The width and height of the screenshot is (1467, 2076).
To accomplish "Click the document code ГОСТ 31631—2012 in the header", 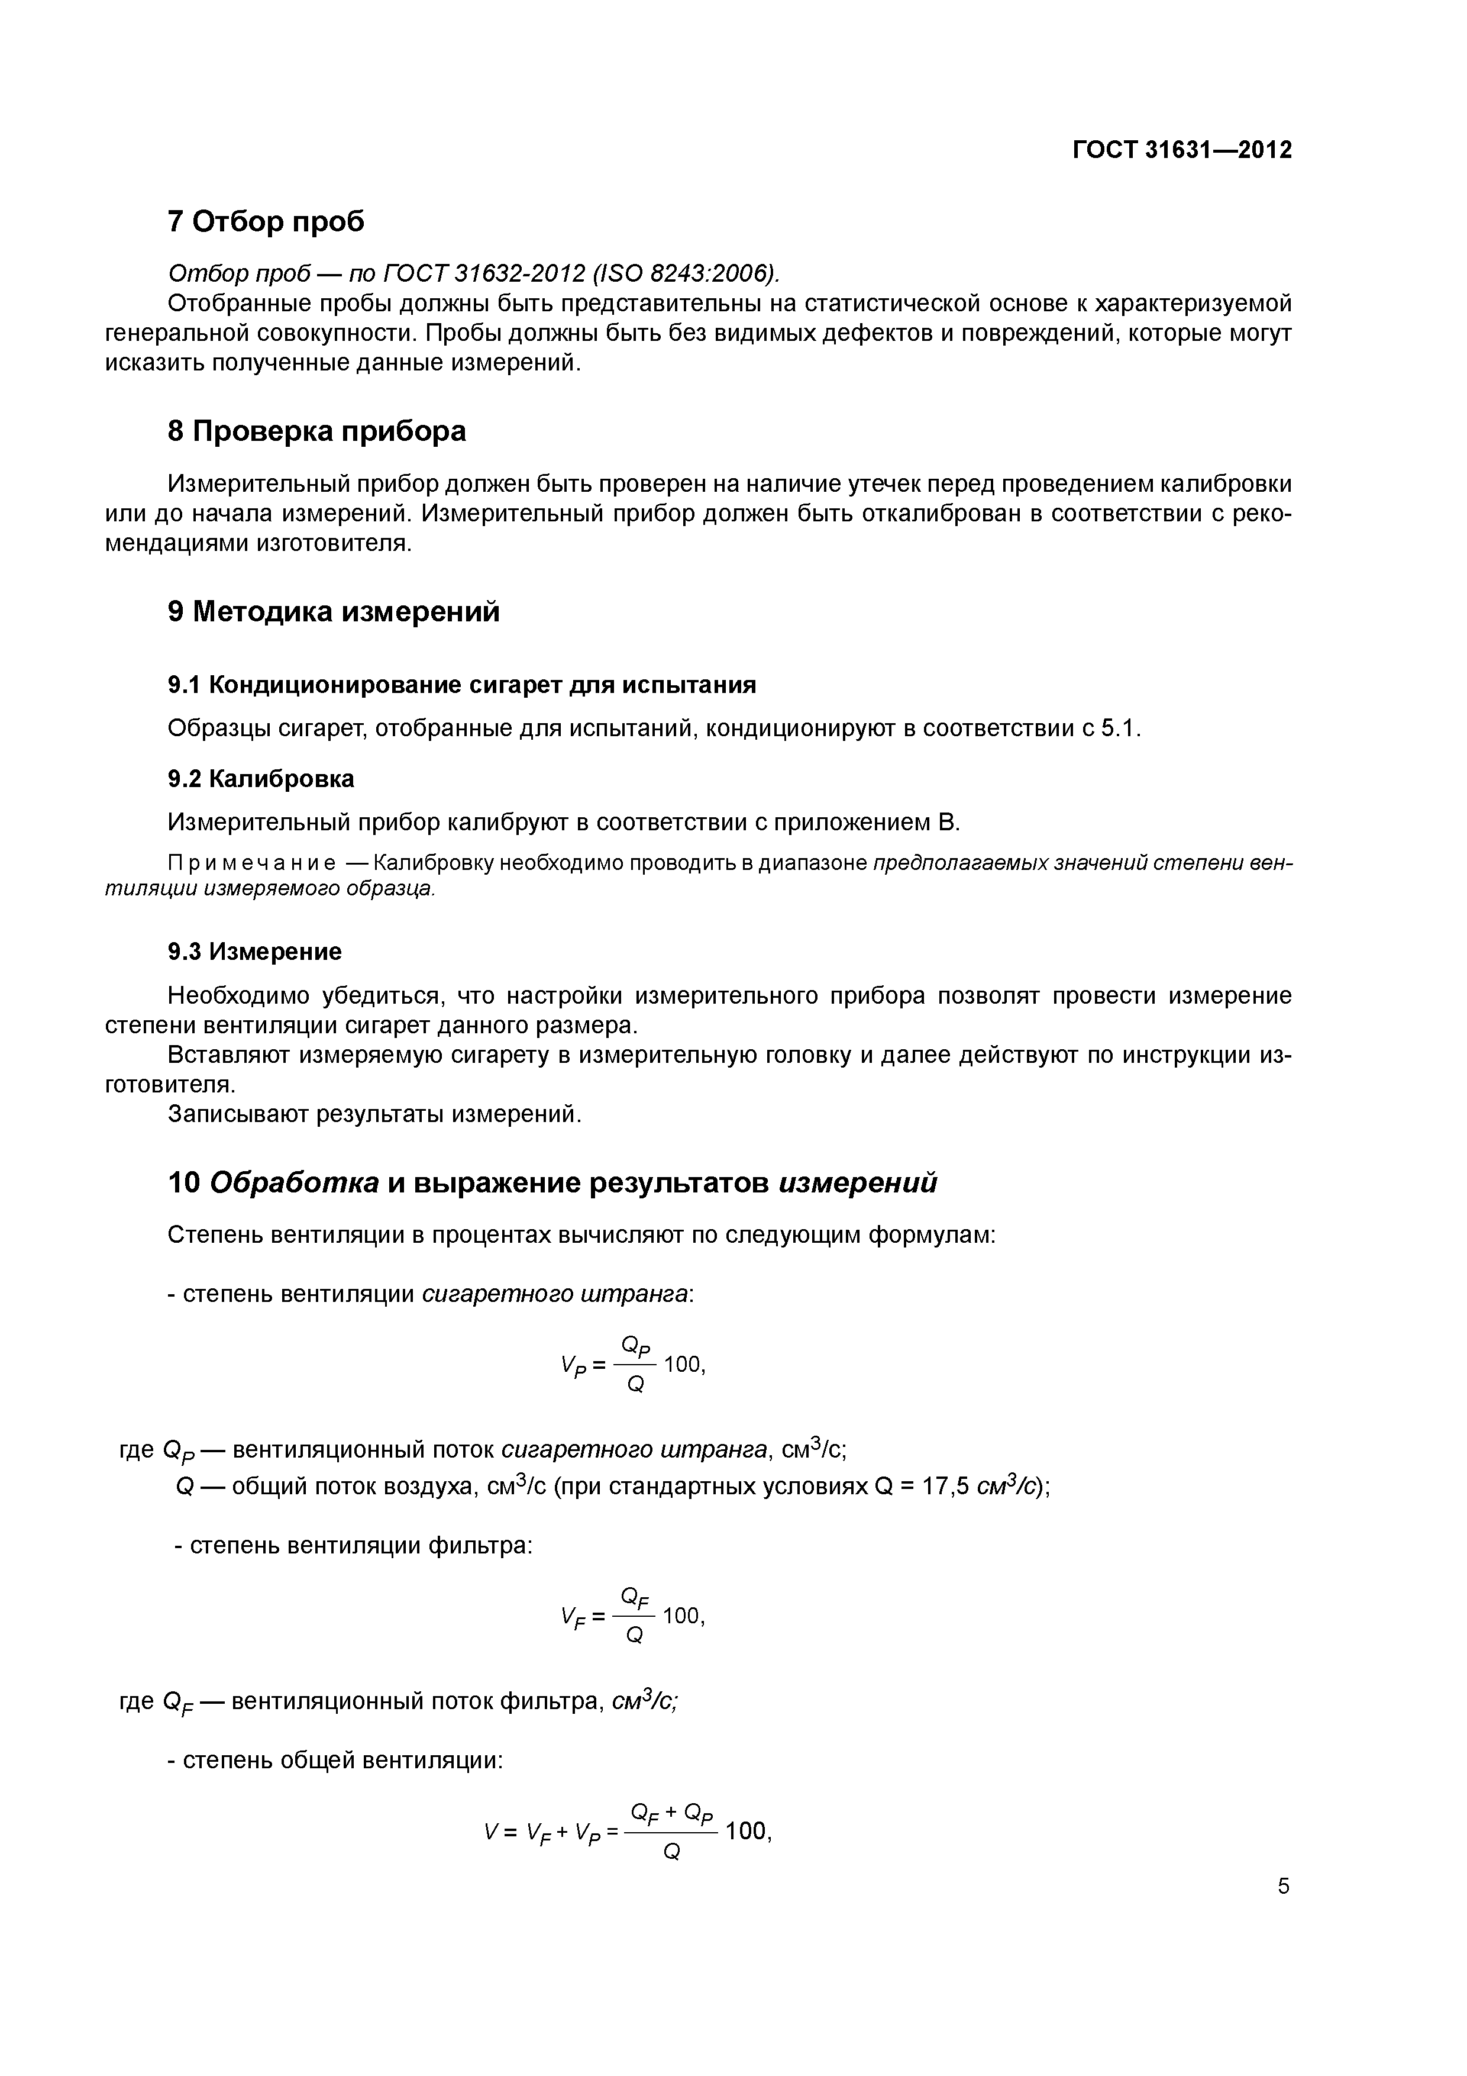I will [x=1181, y=150].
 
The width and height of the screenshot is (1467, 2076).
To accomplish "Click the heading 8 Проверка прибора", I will [x=316, y=431].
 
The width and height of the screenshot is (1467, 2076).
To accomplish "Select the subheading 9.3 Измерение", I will [x=255, y=951].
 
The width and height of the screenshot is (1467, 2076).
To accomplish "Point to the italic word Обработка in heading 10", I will [x=295, y=1182].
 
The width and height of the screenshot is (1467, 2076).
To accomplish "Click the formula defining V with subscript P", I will [x=633, y=1365].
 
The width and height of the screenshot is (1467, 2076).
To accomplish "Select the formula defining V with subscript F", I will [x=633, y=1616].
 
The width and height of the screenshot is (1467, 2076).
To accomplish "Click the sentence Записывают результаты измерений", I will [x=374, y=1114].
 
